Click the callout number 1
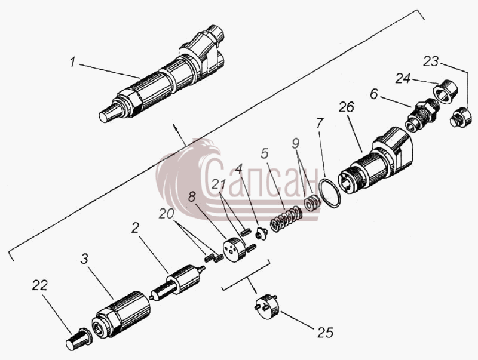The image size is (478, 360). pyautogui.click(x=72, y=63)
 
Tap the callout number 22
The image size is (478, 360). pyautogui.click(x=40, y=285)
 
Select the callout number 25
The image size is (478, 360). pyautogui.click(x=325, y=333)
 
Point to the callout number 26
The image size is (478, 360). pyautogui.click(x=347, y=107)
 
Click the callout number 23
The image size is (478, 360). pyautogui.click(x=431, y=61)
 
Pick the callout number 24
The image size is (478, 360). pyautogui.click(x=403, y=78)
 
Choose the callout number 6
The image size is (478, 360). pyautogui.click(x=374, y=94)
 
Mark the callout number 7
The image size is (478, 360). pyautogui.click(x=320, y=124)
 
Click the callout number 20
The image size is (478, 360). pyautogui.click(x=167, y=214)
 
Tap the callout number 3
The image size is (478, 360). pyautogui.click(x=84, y=259)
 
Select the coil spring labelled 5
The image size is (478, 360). pyautogui.click(x=287, y=219)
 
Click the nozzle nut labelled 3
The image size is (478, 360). pyautogui.click(x=121, y=314)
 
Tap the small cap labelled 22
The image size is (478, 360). pyautogui.click(x=79, y=339)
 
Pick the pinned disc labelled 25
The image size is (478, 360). pyautogui.click(x=267, y=306)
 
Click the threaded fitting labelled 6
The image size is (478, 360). pyautogui.click(x=422, y=115)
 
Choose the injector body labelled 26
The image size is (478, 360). pyautogui.click(x=376, y=161)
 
